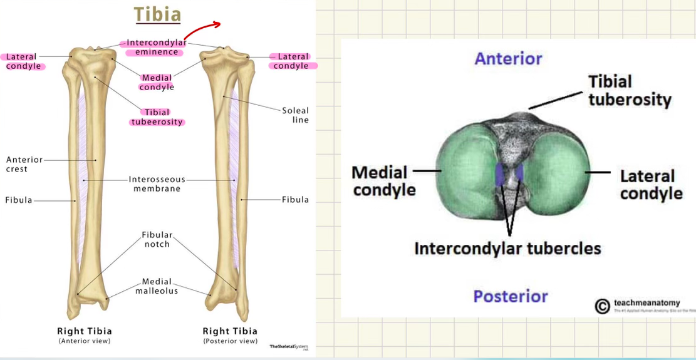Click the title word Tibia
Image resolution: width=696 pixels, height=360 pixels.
158,14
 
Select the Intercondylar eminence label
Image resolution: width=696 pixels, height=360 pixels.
157,47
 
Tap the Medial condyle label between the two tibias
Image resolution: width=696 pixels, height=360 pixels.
157,82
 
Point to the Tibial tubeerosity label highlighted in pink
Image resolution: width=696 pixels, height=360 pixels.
157,117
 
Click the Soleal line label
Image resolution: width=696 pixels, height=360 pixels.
295,115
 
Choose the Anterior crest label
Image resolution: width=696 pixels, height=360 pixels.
18,165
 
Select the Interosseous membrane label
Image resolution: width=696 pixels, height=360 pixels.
157,183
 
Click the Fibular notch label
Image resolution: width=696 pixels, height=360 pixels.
157,239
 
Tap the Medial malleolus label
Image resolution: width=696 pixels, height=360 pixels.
157,286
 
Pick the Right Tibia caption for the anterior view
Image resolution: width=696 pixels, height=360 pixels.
84,331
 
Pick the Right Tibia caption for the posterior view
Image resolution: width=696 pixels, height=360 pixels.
230,331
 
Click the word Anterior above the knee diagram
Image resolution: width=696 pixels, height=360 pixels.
508,59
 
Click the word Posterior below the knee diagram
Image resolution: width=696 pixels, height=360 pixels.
511,296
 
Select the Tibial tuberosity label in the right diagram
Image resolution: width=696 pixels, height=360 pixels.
629,90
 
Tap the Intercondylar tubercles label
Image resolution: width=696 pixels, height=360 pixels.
507,248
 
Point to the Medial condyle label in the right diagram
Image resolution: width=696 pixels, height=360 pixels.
384,180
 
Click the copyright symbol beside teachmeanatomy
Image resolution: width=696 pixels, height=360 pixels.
602,306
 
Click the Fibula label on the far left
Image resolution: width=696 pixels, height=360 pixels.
18,200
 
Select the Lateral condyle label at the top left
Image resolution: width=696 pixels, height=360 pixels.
24,61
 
